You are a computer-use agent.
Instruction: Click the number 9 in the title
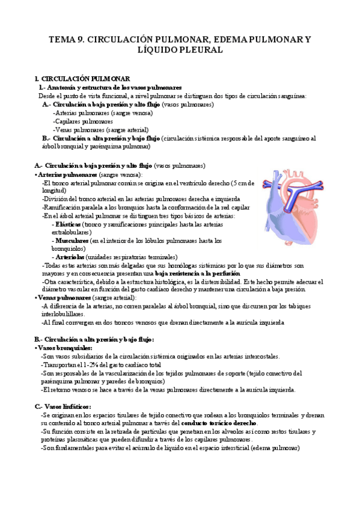(82, 40)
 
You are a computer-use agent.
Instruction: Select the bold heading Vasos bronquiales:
(66, 348)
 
